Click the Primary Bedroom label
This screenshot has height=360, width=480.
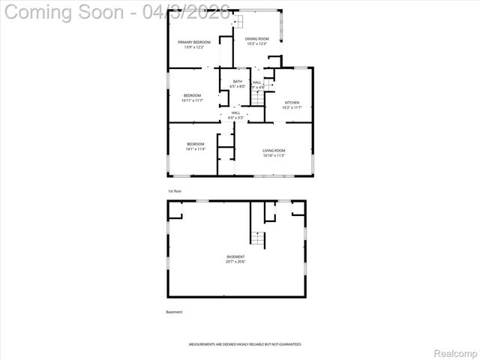tap(194, 42)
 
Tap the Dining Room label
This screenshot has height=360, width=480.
tap(257, 38)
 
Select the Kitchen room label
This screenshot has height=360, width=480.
tap(292, 102)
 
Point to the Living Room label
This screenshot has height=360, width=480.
tap(274, 151)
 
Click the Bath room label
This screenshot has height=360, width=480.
tap(237, 82)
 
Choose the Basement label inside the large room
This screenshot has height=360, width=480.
tap(235, 256)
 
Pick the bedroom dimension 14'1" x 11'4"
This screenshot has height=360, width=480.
tap(196, 149)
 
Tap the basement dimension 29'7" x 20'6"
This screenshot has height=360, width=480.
tap(235, 262)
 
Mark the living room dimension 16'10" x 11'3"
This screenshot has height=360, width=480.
tap(274, 156)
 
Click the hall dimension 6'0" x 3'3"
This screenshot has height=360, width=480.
tap(236, 118)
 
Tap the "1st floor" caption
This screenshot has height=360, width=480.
tap(175, 191)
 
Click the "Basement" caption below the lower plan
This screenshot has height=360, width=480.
tap(174, 312)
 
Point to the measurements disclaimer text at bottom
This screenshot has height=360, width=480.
tap(244, 344)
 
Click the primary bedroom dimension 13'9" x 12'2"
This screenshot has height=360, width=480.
tap(194, 47)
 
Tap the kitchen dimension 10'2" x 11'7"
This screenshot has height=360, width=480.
tap(292, 107)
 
